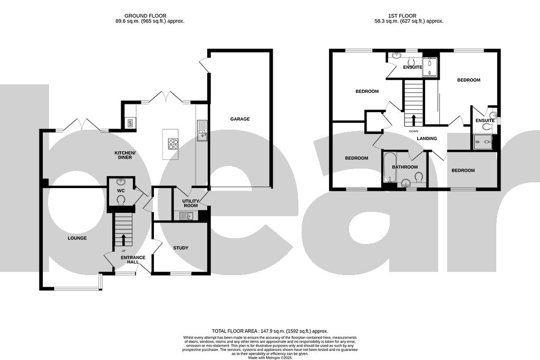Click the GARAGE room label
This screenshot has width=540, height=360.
pyautogui.click(x=240, y=119)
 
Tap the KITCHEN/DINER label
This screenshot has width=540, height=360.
pyautogui.click(x=126, y=155)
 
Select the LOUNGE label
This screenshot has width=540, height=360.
pyautogui.click(x=77, y=238)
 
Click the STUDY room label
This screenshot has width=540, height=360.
pyautogui.click(x=180, y=248)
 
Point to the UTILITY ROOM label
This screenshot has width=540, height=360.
pyautogui.click(x=190, y=203)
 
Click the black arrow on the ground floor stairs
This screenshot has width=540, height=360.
pyautogui.click(x=124, y=239)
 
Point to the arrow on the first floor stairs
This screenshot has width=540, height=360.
pyautogui.click(x=413, y=120)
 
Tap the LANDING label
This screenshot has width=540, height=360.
pyautogui.click(x=427, y=139)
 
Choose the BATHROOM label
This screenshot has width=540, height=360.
pyautogui.click(x=405, y=168)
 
